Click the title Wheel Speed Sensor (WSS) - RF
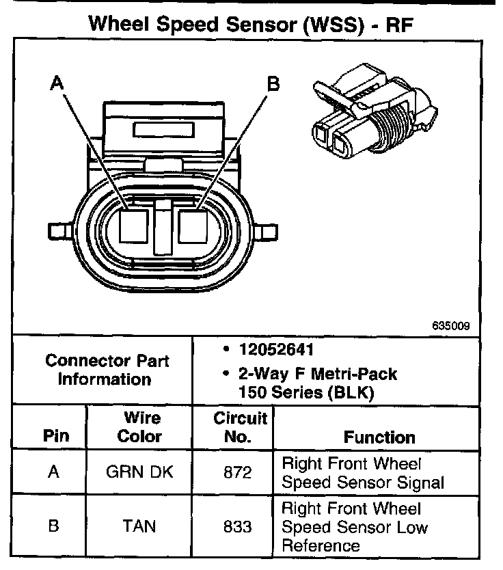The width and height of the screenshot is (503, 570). [x=251, y=25]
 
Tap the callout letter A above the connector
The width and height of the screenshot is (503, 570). [x=57, y=83]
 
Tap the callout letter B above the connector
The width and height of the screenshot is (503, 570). [x=273, y=84]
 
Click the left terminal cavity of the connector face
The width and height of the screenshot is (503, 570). [x=133, y=225]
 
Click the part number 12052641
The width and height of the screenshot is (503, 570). [x=276, y=350]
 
